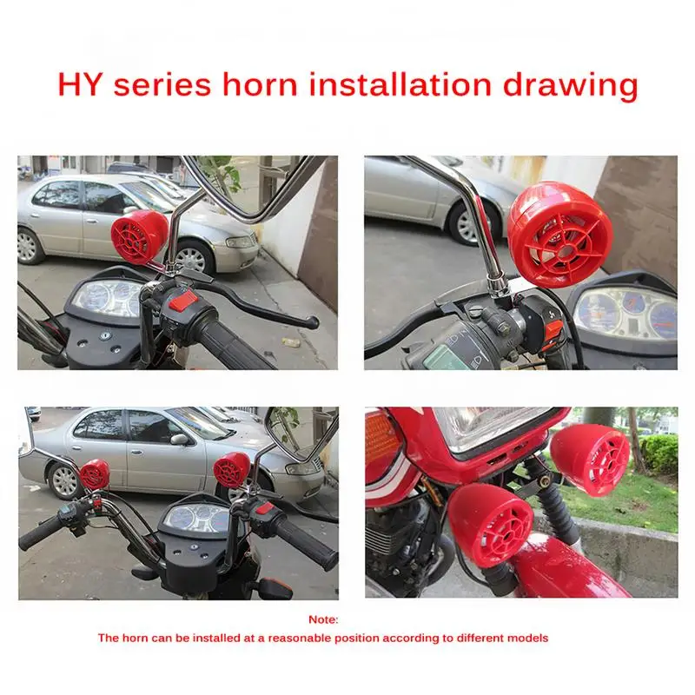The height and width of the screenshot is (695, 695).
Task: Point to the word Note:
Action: pos(323,619)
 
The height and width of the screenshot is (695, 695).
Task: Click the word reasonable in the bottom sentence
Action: pos(326,638)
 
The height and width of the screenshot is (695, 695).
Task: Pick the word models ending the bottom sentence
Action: pos(527,638)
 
